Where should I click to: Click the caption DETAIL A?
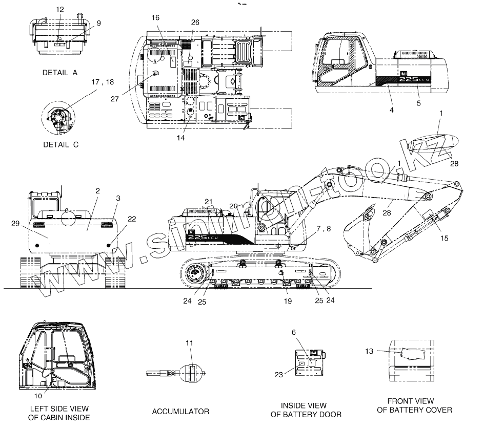(x=59, y=73)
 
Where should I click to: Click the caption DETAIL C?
(x=60, y=144)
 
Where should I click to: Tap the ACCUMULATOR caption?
(x=180, y=412)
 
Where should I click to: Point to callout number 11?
(x=190, y=342)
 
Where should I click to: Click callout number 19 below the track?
(x=288, y=300)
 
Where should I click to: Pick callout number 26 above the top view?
(x=195, y=22)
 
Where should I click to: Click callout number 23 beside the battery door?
(x=278, y=375)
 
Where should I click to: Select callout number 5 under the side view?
(x=419, y=103)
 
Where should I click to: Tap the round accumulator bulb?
(x=190, y=372)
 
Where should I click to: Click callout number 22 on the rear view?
(x=132, y=219)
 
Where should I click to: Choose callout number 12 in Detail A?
(x=60, y=10)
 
